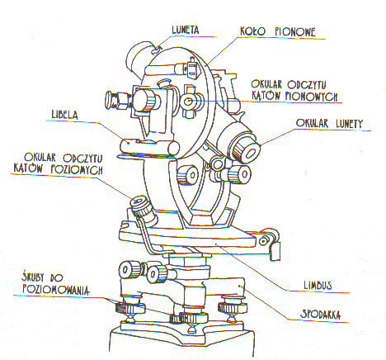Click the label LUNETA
point(186,30)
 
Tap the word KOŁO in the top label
point(253,31)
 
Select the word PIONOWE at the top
point(295,32)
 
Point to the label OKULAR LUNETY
point(329,124)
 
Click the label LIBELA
point(65,115)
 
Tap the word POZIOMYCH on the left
point(77,170)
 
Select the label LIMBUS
point(318,285)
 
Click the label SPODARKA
point(321,314)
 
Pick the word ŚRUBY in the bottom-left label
point(33,277)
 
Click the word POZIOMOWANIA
point(56,290)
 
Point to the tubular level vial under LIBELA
point(148,146)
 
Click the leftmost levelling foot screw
point(129,308)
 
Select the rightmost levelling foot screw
point(233,308)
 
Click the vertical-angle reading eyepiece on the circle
point(189,102)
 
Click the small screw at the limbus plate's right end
point(263,241)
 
